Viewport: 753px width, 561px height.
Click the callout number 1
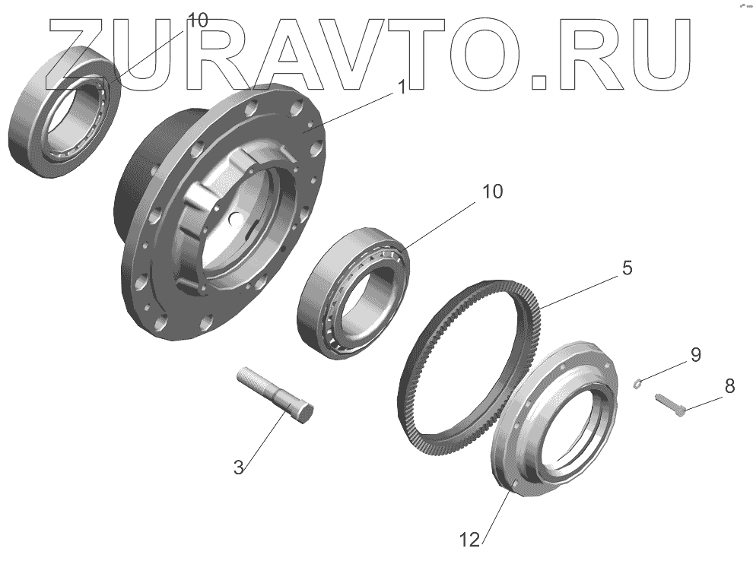pos(402,87)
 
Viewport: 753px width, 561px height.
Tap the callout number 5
pos(627,268)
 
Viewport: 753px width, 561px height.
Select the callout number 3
pos(239,467)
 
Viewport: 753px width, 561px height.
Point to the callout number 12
pos(470,540)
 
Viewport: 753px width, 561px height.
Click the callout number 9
pos(695,355)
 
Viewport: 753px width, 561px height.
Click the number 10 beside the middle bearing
pos(492,191)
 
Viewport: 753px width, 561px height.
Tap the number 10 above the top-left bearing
pos(197,21)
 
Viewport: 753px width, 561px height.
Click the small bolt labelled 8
pos(669,404)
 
